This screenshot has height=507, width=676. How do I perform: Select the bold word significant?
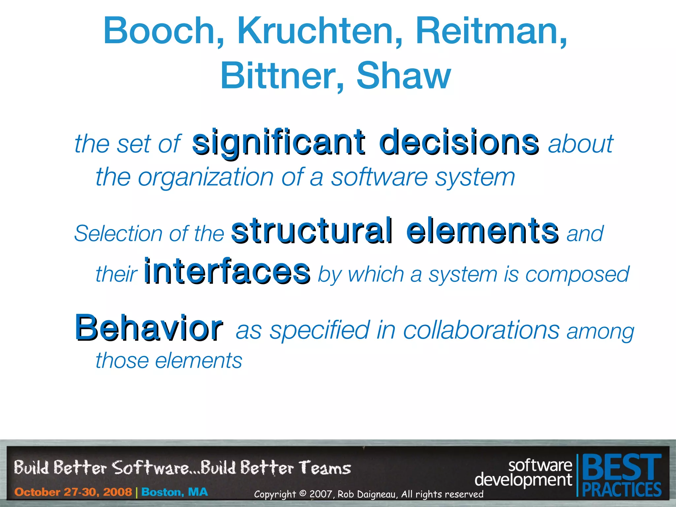[x=279, y=143]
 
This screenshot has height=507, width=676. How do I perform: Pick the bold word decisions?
[x=459, y=143]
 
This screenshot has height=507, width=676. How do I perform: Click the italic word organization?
[x=206, y=178]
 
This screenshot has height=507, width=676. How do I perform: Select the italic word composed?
[x=577, y=274]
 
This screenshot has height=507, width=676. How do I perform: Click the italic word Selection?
[x=117, y=233]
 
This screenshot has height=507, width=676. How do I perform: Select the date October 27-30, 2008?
[x=73, y=492]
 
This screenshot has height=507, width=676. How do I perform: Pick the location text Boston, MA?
[x=175, y=492]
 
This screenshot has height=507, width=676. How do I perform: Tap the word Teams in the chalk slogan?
[x=325, y=468]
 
